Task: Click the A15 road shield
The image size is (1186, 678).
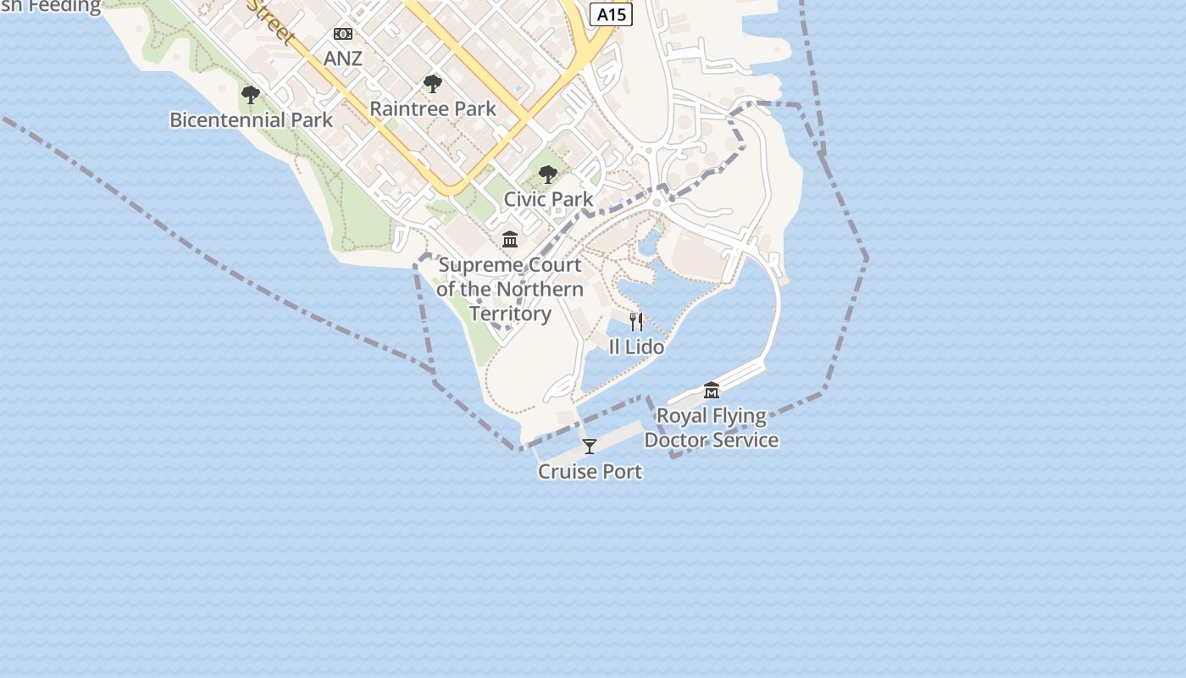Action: pos(612,14)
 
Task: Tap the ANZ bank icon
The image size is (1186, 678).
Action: pos(343,34)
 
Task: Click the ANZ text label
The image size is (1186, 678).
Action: pos(343,58)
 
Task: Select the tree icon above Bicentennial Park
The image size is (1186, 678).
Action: pos(250,95)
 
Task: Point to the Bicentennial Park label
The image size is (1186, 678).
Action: pos(252,120)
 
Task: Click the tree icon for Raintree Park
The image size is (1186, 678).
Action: pos(433,84)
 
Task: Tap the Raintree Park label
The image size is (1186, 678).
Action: pos(433,109)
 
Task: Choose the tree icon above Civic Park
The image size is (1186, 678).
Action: pos(548,175)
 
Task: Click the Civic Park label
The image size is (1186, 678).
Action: pos(548,199)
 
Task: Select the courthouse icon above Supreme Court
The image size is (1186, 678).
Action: pos(510,240)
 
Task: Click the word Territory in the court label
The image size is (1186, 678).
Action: pos(510,314)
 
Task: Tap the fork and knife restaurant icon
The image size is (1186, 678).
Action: pos(636,322)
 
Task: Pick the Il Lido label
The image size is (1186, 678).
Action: pos(636,347)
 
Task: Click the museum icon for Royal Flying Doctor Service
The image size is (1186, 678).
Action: pos(712,391)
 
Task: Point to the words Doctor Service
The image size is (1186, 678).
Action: pos(712,441)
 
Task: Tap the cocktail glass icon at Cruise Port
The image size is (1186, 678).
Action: pos(590,447)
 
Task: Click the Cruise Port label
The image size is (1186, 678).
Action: pos(590,472)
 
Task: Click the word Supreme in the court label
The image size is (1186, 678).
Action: pos(480,265)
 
